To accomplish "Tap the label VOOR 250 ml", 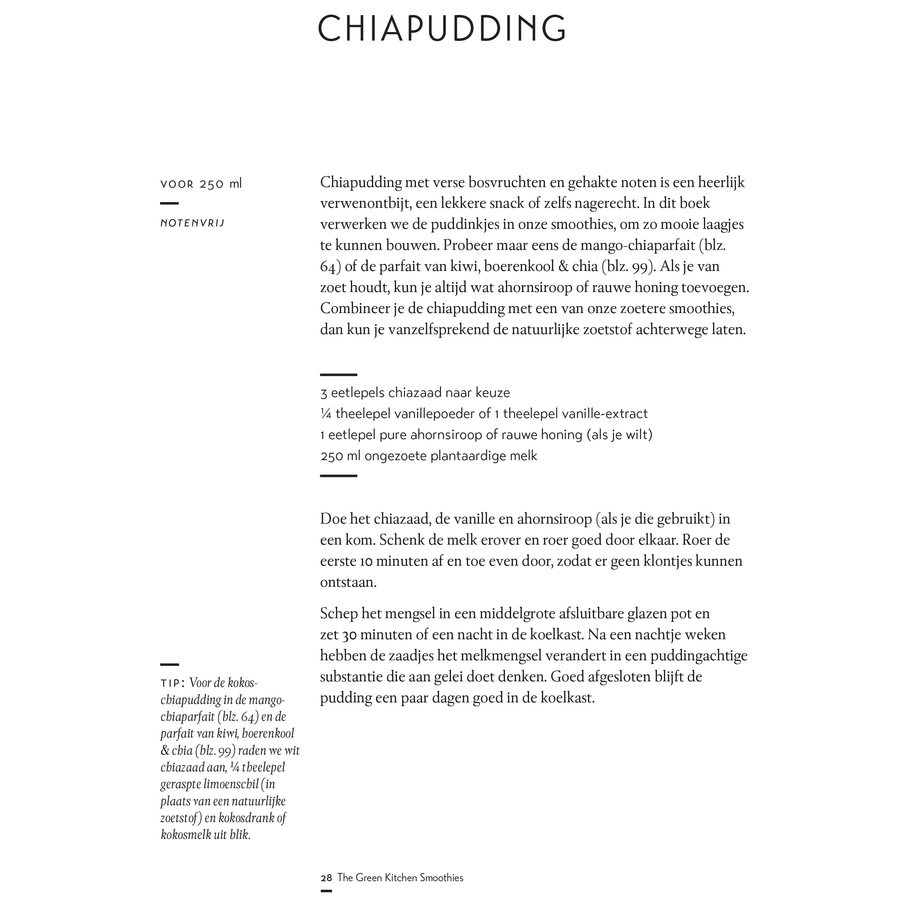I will click(x=201, y=184).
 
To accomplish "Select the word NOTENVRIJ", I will click(x=193, y=223).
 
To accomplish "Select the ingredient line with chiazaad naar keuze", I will click(x=415, y=392).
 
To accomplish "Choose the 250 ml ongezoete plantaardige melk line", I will click(x=429, y=456).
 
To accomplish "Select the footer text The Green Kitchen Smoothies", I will click(x=401, y=878).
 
